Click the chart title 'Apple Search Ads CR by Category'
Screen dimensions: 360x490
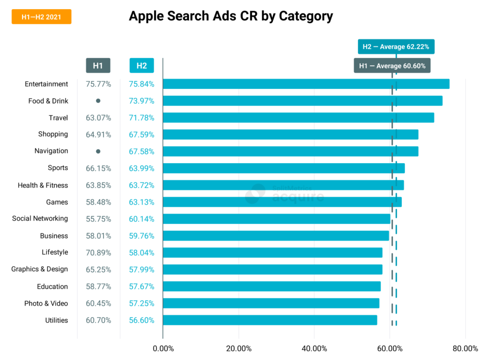tap(231, 16)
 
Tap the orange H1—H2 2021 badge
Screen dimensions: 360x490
tap(42, 17)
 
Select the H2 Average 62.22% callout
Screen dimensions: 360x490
tap(396, 47)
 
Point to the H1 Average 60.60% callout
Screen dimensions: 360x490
tap(392, 66)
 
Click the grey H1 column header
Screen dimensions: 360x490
tap(98, 66)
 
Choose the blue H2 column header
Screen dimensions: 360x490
tap(142, 66)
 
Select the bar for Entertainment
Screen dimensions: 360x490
tap(306, 84)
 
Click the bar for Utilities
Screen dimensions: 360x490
tap(270, 320)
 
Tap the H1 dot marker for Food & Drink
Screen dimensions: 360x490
tap(98, 101)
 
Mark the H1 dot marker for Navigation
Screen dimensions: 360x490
tap(98, 151)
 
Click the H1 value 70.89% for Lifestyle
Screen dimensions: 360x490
tap(98, 253)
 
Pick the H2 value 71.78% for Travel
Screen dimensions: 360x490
tap(142, 118)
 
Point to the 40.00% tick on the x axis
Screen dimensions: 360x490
tap(314, 348)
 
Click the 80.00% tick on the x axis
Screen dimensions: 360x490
tap(465, 348)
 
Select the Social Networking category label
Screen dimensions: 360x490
tap(40, 219)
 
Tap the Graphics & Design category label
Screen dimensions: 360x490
tap(40, 270)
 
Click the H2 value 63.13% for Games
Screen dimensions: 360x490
tap(142, 202)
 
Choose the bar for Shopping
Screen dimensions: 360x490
tap(290, 135)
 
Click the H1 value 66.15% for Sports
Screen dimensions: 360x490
tap(98, 168)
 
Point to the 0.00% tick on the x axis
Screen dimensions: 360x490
tap(163, 348)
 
